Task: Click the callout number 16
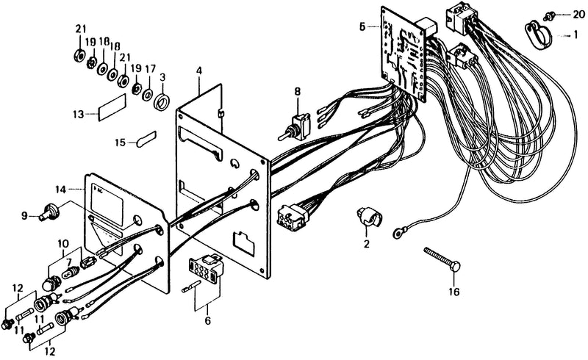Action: [x=453, y=292]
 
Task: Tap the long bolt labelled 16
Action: [x=442, y=259]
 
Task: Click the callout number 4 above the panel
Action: [x=199, y=71]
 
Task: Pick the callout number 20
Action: [x=578, y=15]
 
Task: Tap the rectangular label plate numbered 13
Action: [x=112, y=107]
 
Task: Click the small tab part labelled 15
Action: [x=146, y=139]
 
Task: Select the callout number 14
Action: [x=61, y=190]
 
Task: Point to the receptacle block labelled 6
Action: [x=204, y=267]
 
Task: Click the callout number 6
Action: [x=208, y=321]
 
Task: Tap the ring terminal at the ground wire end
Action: [x=398, y=233]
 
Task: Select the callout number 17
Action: [x=150, y=69]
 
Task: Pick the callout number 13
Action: [x=79, y=115]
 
